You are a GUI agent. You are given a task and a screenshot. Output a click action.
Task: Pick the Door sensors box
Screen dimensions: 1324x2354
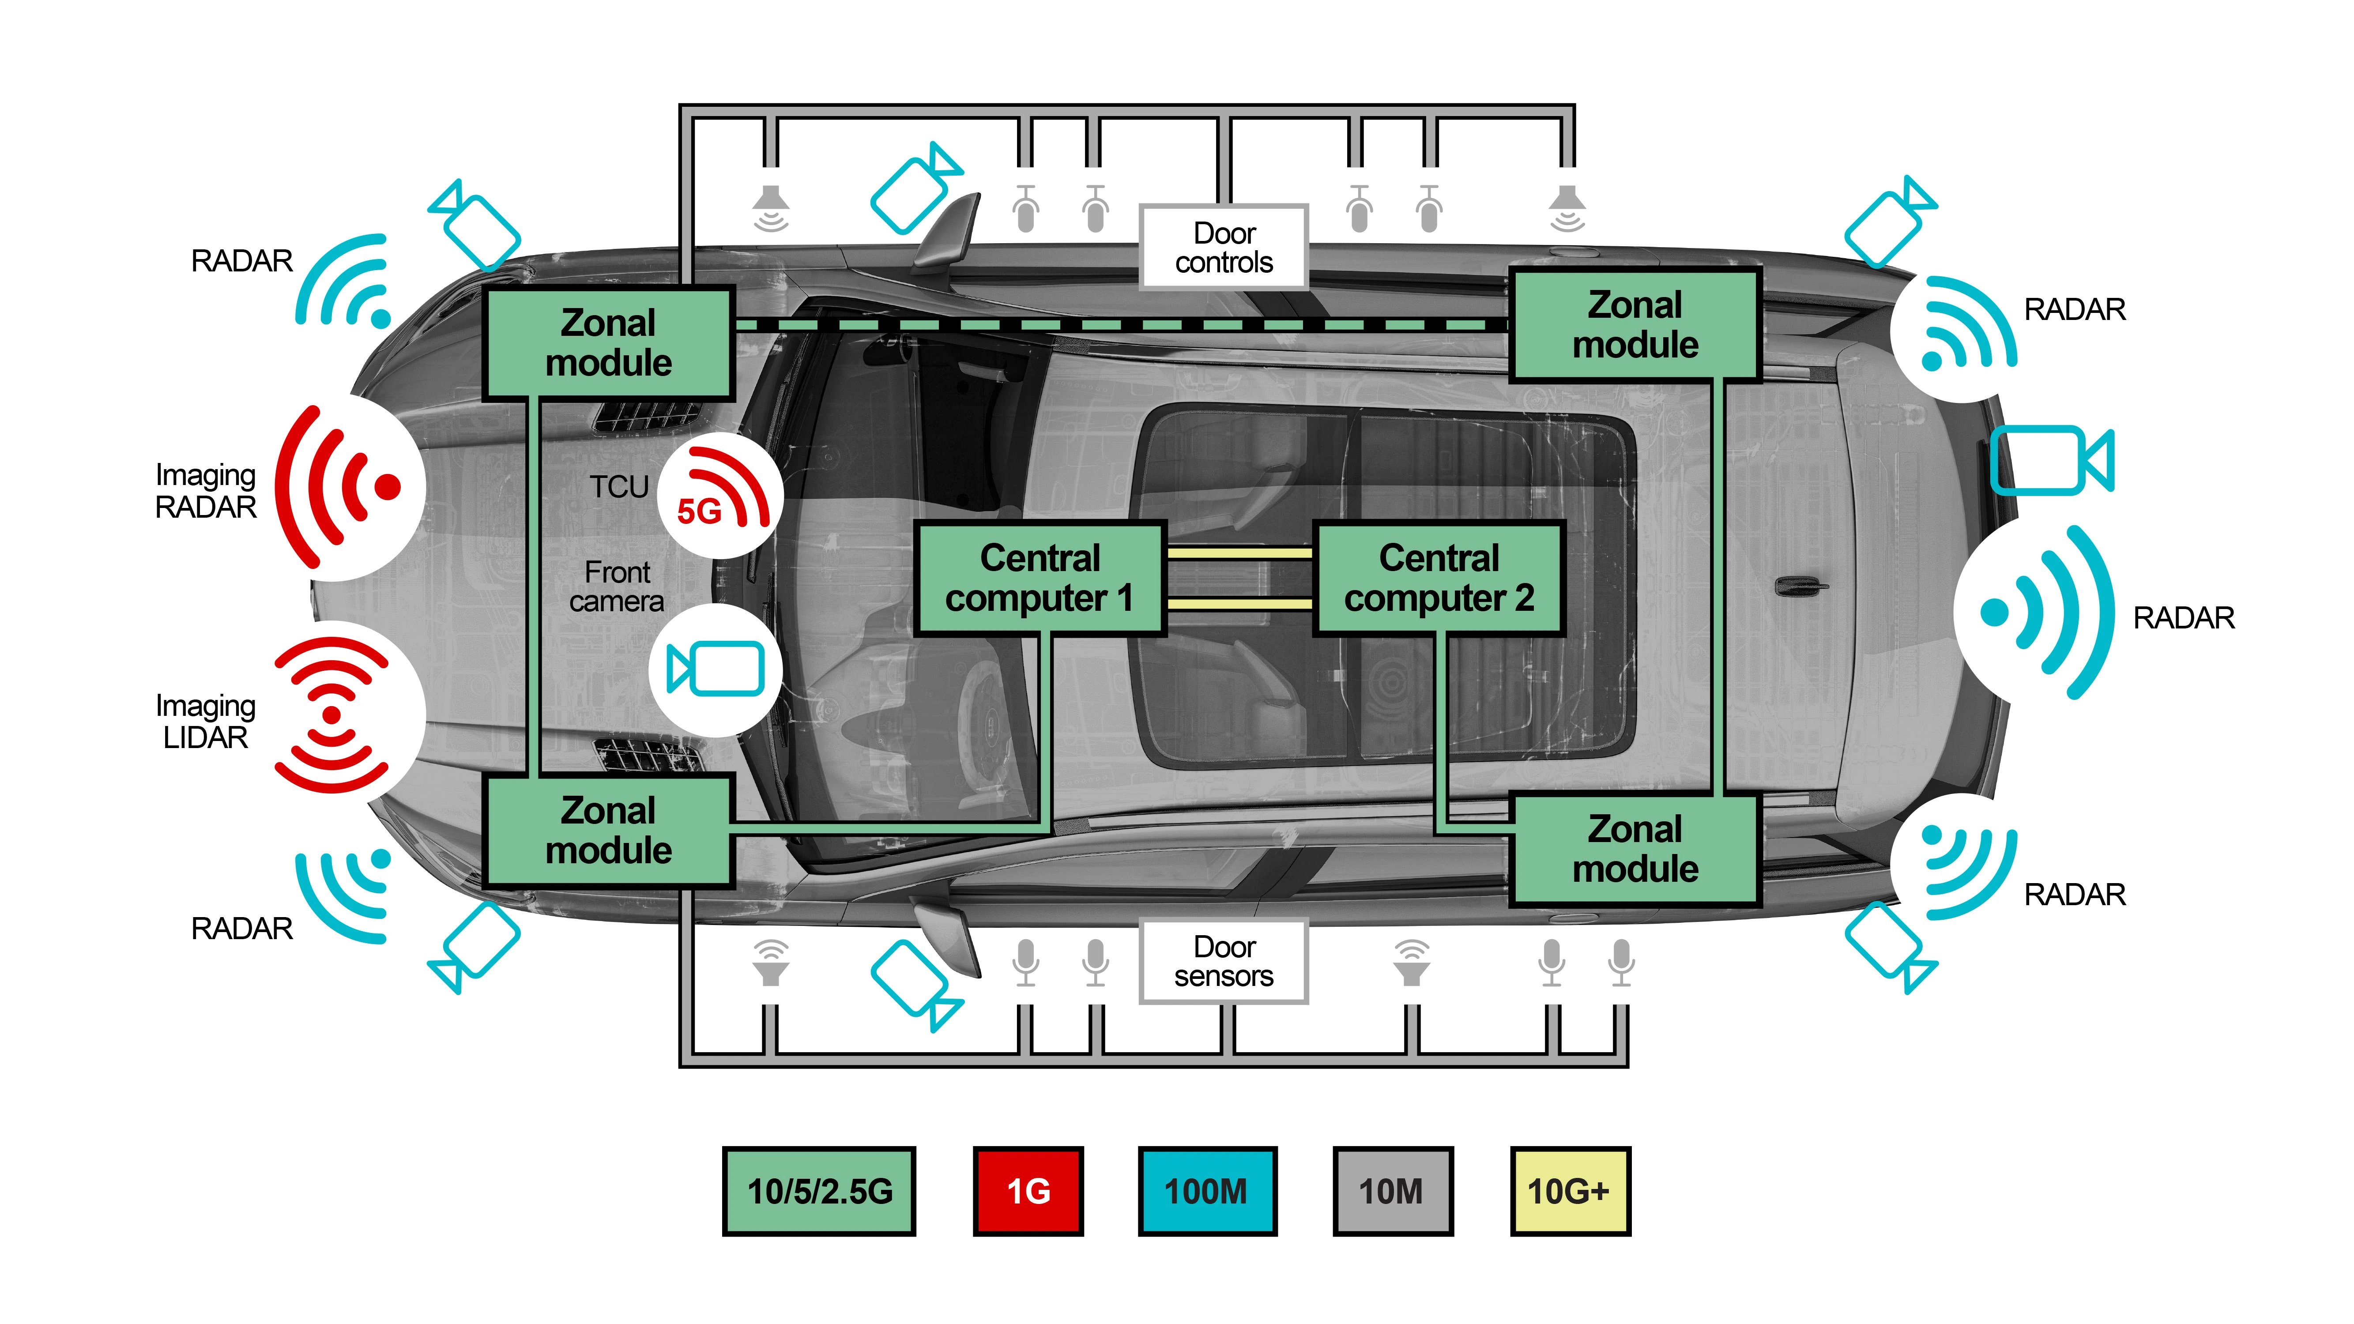pos(1224,961)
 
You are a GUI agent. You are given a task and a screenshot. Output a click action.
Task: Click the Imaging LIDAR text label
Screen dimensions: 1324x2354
pos(206,722)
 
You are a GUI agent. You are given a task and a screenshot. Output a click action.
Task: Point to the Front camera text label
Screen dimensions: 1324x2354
pos(617,587)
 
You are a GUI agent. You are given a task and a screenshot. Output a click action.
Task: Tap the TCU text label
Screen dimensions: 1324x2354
pos(619,487)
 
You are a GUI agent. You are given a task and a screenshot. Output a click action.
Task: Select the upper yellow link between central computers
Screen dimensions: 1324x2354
pos(1239,553)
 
